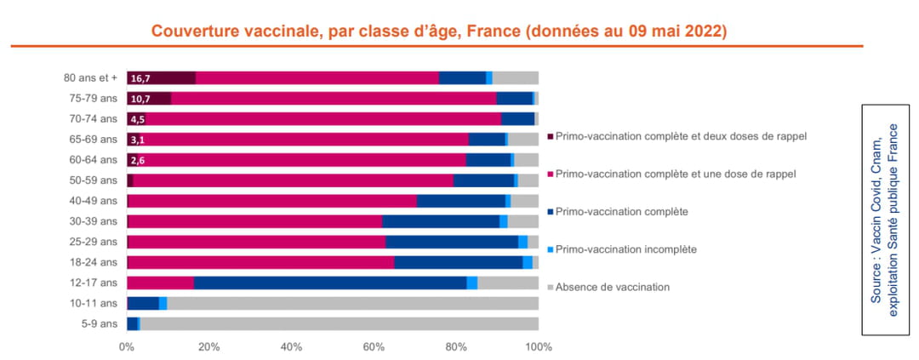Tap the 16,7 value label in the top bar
(140, 78)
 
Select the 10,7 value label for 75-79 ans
(140, 99)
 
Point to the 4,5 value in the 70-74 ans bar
(137, 119)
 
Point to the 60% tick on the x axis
(374, 347)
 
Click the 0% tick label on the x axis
(127, 347)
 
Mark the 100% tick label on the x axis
(538, 347)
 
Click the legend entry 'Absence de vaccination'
(612, 287)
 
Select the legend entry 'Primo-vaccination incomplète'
(625, 249)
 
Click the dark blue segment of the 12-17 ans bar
(329, 283)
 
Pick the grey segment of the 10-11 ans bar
(352, 303)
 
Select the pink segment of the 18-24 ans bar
(260, 262)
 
